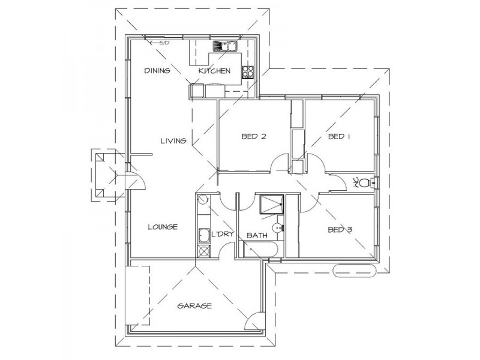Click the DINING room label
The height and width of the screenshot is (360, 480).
[x=157, y=71]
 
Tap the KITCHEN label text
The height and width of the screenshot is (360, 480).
[x=214, y=71]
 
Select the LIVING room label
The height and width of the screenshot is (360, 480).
[x=173, y=141]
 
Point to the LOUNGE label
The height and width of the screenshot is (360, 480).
[x=162, y=227]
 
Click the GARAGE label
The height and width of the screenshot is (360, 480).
[x=194, y=305]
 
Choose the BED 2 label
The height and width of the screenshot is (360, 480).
[x=253, y=136]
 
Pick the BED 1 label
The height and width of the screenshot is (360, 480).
[x=339, y=136]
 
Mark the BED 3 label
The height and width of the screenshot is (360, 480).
[x=339, y=229]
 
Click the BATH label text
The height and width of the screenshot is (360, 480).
[x=257, y=236]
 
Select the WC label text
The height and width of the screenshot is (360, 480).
[x=355, y=182]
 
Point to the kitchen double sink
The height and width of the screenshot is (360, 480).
[x=226, y=45]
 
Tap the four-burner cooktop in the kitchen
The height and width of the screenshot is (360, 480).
[x=248, y=73]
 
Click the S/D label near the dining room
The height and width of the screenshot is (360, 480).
[x=163, y=43]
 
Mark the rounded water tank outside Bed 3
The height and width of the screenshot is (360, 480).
[x=354, y=271]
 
